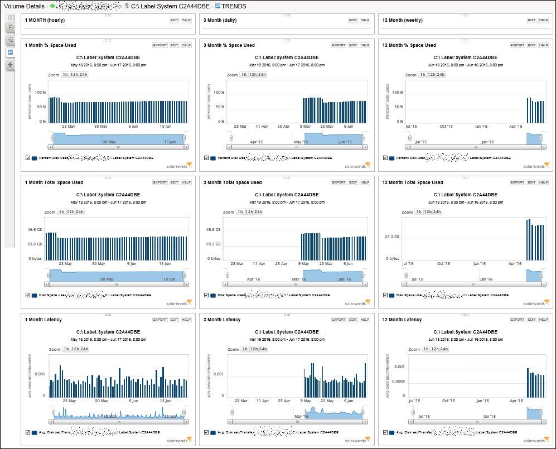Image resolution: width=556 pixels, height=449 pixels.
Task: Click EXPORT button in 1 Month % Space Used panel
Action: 159,45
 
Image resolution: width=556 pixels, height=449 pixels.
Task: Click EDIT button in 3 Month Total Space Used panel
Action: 353,182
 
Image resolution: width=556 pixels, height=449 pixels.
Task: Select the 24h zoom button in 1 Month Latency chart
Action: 84,349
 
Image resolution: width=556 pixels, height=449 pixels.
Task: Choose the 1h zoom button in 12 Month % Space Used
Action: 422,75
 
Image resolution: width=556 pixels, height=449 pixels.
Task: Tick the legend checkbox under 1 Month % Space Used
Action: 28,158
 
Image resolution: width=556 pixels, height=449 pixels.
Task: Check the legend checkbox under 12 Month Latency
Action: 385,432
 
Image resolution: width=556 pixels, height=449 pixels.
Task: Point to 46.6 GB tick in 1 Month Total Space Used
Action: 35,229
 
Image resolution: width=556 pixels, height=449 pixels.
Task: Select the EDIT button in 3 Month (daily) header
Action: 353,20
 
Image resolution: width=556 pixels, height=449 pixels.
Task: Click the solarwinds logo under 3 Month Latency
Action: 356,441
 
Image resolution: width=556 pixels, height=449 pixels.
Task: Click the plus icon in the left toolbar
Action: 10,65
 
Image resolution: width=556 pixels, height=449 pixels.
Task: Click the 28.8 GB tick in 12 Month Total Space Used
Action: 392,236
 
